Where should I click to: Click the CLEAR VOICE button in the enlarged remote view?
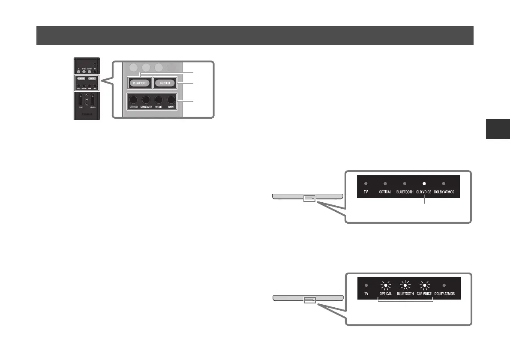pos(138,83)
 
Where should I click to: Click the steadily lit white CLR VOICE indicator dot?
pos(424,183)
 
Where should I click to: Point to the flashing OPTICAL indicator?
pos(385,285)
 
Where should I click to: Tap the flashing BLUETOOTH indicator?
pos(405,285)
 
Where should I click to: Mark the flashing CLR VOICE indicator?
pos(424,285)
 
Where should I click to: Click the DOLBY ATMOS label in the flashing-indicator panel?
pos(443,294)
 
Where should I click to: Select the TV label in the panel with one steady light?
pos(366,192)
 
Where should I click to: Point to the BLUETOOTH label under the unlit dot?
pos(405,192)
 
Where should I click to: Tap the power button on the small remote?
pos(95,65)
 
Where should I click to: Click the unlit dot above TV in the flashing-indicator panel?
pos(366,285)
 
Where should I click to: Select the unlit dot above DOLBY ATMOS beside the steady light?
pos(443,183)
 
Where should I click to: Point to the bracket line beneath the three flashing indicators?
pos(406,301)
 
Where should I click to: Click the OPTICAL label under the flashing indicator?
pos(385,294)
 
